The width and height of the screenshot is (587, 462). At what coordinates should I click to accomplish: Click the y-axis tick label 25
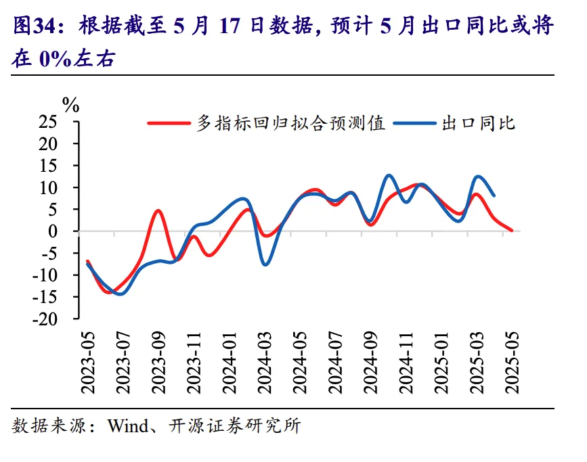pyautogui.click(x=49, y=122)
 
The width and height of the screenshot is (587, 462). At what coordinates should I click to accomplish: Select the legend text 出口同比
pyautogui.click(x=477, y=123)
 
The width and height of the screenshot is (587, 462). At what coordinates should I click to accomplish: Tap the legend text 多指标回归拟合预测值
pyautogui.click(x=291, y=123)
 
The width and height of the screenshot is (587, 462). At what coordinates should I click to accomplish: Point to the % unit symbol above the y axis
pyautogui.click(x=70, y=105)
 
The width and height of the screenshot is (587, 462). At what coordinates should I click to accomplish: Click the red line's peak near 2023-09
pyautogui.click(x=158, y=210)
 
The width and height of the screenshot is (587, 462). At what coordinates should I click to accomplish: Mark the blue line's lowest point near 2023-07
pyautogui.click(x=120, y=294)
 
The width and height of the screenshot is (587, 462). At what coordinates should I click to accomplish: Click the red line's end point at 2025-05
pyautogui.click(x=511, y=231)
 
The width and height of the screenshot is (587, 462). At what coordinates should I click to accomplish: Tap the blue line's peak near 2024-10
pyautogui.click(x=389, y=175)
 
